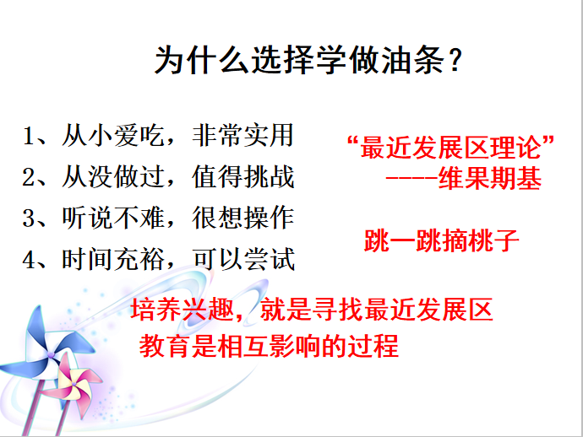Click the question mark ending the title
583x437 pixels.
[x=455, y=60]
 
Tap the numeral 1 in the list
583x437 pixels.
[x=28, y=136]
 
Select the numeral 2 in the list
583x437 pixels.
[x=28, y=177]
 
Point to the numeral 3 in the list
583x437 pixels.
[x=28, y=218]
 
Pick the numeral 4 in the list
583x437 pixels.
[x=28, y=260]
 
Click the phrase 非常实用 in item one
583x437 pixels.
[x=243, y=136]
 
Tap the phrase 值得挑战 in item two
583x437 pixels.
[x=243, y=176]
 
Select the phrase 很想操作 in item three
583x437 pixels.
[x=243, y=218]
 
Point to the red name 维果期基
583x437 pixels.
[x=490, y=178]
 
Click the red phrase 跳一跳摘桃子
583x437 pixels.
[x=441, y=241]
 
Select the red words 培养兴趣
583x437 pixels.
[x=183, y=310]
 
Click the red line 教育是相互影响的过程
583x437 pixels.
[x=269, y=346]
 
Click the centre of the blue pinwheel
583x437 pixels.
[x=51, y=354]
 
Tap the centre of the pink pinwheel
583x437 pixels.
[x=74, y=383]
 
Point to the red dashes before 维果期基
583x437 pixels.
[x=411, y=179]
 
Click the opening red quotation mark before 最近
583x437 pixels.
[x=353, y=142]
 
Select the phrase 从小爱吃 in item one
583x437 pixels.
[x=113, y=136]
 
